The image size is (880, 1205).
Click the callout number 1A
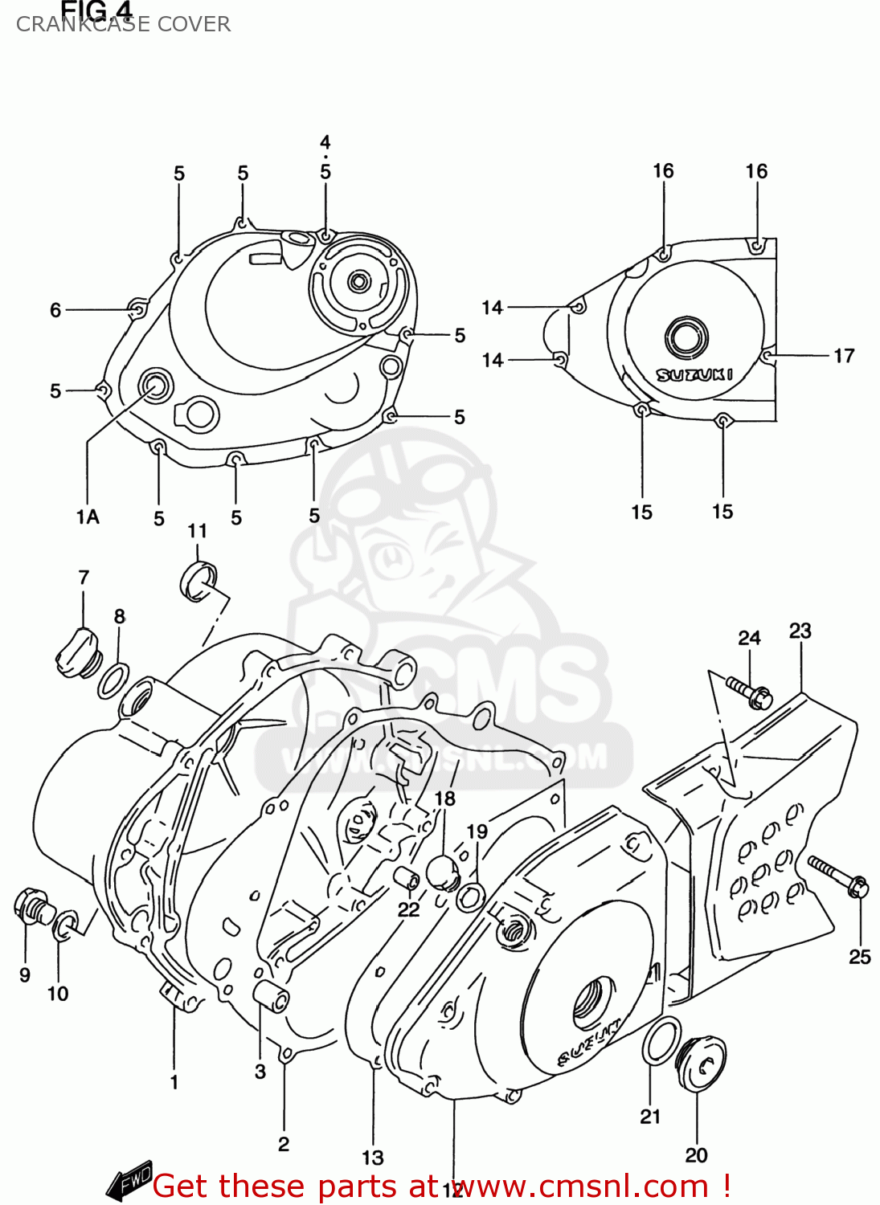point(88,517)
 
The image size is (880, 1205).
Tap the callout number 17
point(843,356)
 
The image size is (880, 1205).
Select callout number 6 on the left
point(55,310)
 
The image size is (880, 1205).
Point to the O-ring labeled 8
point(113,681)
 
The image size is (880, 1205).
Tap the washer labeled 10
point(64,925)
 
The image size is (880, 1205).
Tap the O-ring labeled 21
point(661,1040)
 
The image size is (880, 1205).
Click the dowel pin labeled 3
point(271,997)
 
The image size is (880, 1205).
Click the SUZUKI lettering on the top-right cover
point(694,374)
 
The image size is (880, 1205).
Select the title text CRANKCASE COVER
point(123,24)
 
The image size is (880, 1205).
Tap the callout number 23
point(800,631)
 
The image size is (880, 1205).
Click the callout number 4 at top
point(325,143)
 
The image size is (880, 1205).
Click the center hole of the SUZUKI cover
point(686,337)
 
